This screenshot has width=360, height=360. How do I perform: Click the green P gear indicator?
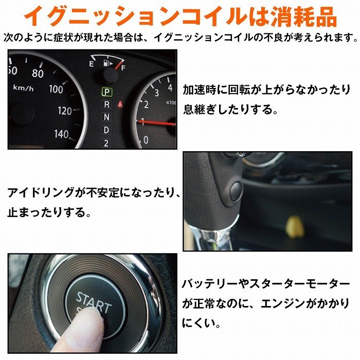point(107,92)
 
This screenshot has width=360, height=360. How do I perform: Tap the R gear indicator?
point(106,105)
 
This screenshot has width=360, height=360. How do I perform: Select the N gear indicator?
point(106,117)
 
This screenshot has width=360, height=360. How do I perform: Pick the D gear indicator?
point(106,130)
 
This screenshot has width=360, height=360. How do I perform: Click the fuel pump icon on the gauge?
point(107,63)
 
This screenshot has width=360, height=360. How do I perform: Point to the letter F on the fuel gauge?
point(123,68)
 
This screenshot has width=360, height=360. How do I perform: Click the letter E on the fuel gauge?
point(92,64)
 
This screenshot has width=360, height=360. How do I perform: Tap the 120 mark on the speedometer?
point(65,111)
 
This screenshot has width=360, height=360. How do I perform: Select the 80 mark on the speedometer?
point(38,74)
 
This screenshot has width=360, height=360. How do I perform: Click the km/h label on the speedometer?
point(23,88)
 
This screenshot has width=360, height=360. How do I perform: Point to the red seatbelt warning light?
point(120,104)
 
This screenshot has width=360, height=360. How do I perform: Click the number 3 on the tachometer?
point(156,93)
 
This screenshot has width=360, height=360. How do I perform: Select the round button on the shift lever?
point(236,191)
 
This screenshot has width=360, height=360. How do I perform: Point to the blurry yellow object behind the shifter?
point(295,226)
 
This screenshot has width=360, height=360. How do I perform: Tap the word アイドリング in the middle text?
point(41,192)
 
